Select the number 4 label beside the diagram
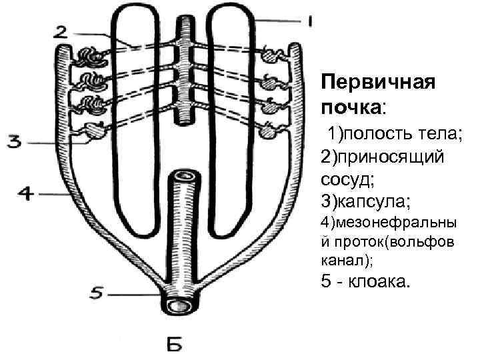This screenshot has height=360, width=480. point(24,193)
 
